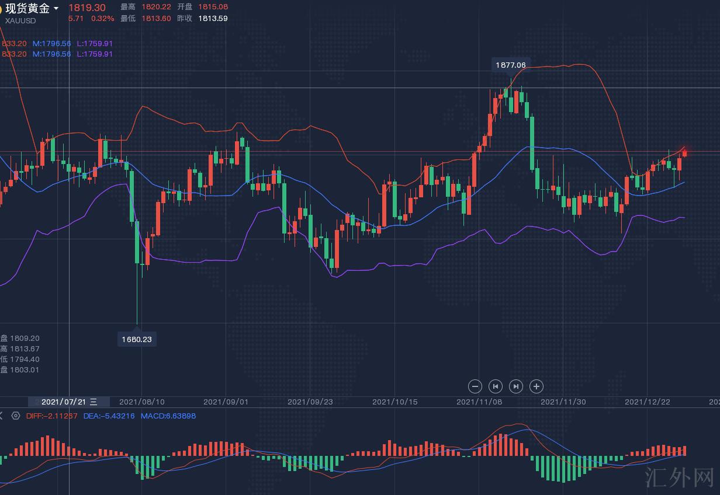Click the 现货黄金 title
tap(27, 8)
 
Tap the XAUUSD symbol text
tap(20, 20)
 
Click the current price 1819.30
tap(87, 8)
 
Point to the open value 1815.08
tap(213, 7)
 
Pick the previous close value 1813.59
tap(213, 18)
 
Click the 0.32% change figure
tap(103, 18)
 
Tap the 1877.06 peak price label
tap(511, 65)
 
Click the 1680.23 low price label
tap(137, 339)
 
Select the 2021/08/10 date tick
tap(142, 402)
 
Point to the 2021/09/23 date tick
tap(310, 402)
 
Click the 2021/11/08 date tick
tap(479, 402)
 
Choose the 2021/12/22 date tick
tap(648, 402)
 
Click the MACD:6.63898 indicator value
tap(168, 416)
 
